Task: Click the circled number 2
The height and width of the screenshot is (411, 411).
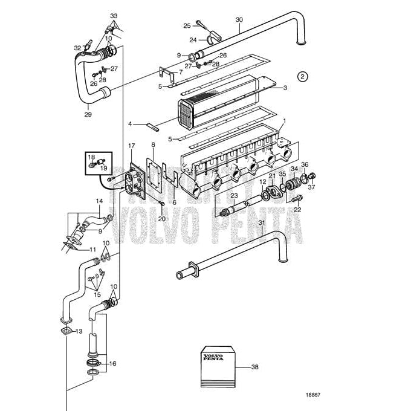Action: tap(303, 76)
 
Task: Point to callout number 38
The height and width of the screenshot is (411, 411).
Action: tap(255, 367)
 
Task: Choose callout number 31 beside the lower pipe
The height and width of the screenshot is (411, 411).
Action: tap(261, 222)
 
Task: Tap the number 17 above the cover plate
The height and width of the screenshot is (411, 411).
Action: tap(132, 146)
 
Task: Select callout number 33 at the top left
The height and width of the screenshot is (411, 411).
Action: tap(114, 15)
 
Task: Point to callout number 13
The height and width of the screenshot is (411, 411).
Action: tap(78, 331)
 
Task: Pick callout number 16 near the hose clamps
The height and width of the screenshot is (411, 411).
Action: tap(112, 364)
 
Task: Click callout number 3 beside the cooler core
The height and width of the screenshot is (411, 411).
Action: tap(285, 87)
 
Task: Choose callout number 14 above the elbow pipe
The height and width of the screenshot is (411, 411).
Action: tap(100, 201)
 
